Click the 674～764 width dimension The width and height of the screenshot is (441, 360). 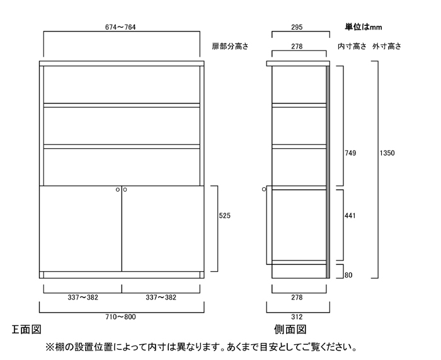coord(120,27)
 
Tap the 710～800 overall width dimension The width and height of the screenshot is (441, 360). coord(120,317)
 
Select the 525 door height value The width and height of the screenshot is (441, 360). coord(224,216)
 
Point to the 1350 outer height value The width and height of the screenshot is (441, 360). coord(387,153)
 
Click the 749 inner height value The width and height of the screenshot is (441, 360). coord(350,153)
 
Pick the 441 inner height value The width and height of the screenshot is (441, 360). coord(350,216)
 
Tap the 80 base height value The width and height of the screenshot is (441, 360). coord(348,275)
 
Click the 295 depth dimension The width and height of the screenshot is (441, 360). coord(297,27)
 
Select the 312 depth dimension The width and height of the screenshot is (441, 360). coord(297,317)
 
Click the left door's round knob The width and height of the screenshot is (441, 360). coord(118,190)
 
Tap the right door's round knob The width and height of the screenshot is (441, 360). coord(125,190)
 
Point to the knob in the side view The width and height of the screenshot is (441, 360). coord(264,189)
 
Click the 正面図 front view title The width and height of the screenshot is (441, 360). coord(26,329)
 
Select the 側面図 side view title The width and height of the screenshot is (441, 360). coord(290,329)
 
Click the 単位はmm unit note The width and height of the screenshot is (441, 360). coord(364,27)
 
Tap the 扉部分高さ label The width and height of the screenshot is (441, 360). coord(231,46)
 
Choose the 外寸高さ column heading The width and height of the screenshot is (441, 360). coord(387,46)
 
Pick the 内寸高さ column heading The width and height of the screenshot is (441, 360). coord(352,46)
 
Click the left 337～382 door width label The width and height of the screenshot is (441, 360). coord(83,298)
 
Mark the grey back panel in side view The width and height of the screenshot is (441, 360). coord(328,172)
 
